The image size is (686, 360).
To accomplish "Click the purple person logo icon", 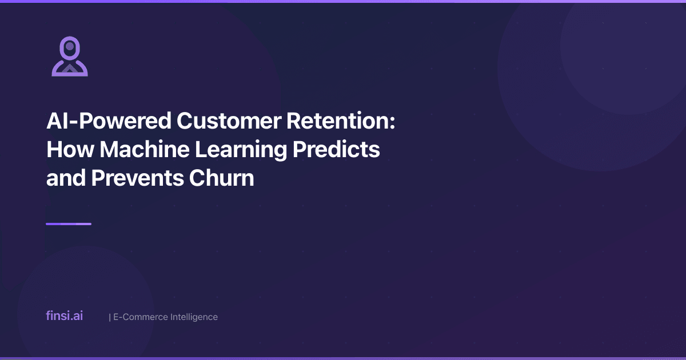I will (70, 57).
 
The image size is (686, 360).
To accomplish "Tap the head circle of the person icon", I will (70, 46).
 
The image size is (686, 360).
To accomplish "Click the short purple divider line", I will (69, 224).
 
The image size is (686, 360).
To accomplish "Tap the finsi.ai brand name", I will (64, 315).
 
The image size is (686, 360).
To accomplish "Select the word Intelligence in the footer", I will (190, 317).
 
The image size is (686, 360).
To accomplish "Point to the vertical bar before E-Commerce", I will (109, 317).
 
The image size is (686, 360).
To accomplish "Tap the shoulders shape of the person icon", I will (70, 69).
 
